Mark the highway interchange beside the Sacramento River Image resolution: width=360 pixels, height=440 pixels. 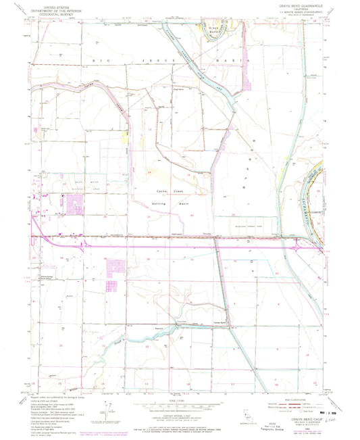tap(298, 248)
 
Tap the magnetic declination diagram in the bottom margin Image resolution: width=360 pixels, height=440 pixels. tap(108, 412)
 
